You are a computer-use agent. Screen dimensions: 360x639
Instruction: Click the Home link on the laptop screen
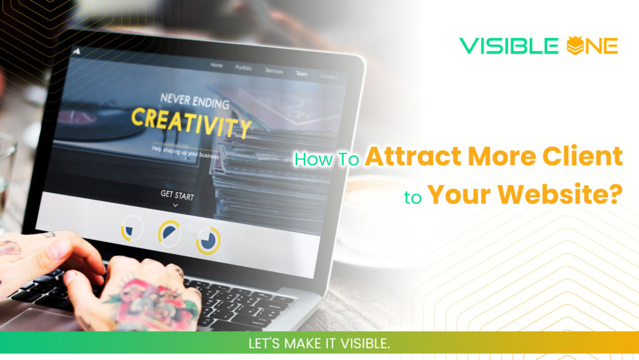pos(217,66)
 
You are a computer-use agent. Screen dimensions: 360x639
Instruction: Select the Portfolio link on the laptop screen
pos(243,68)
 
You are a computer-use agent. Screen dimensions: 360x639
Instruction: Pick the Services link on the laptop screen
pos(274,71)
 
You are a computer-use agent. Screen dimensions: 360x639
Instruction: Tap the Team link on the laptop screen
pos(301,74)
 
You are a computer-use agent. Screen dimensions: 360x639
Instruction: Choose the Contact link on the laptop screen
pos(328,77)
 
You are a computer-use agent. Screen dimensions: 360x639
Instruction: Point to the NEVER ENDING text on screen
pos(194,101)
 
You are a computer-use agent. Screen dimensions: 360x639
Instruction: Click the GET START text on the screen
pos(177,195)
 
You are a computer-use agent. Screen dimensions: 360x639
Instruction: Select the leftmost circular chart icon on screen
pos(132,228)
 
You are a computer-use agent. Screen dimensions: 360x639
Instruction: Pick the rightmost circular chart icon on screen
pos(208,240)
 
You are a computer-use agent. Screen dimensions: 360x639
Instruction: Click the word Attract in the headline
pos(410,157)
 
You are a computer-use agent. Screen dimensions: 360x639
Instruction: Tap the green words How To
pos(326,159)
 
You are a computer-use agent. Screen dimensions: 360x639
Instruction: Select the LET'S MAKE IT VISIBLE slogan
pos(319,343)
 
